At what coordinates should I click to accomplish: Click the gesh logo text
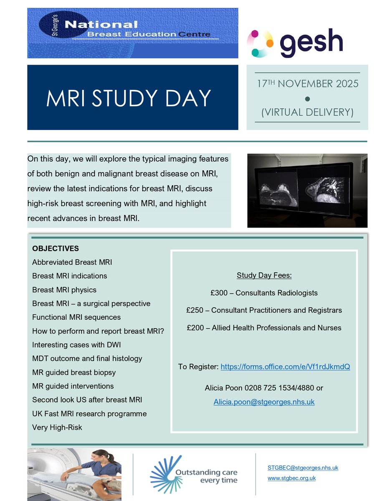[x=311, y=43]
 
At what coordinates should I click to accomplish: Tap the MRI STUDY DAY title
[x=129, y=98]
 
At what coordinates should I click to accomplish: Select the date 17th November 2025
[x=307, y=83]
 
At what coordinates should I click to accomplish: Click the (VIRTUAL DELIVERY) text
[x=307, y=112]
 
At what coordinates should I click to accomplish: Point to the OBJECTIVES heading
[x=56, y=248]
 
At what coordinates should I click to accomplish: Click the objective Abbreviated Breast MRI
[x=72, y=262]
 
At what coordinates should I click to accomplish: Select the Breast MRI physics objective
[x=64, y=290]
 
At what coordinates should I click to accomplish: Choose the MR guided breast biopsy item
[x=74, y=372]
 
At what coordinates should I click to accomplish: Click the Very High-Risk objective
[x=57, y=428]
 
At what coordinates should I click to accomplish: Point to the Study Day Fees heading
[x=264, y=276]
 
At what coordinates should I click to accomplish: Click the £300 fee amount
[x=220, y=293]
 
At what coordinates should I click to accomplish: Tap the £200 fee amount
[x=196, y=328]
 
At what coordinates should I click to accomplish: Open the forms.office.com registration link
[x=285, y=367]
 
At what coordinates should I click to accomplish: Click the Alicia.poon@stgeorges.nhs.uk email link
[x=264, y=402]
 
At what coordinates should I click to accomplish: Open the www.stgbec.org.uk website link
[x=291, y=478]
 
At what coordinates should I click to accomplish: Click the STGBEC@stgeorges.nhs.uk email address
[x=303, y=468]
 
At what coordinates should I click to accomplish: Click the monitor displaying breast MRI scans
[x=307, y=190]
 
